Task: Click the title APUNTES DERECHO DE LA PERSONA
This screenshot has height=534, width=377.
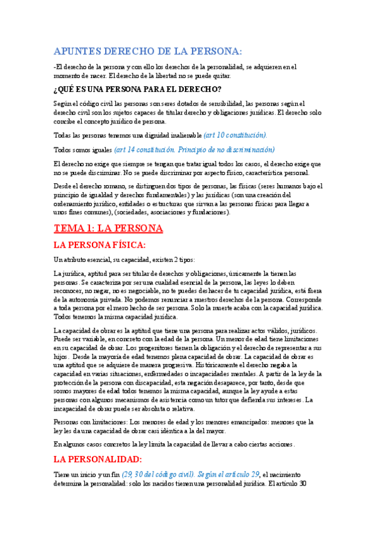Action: [149, 51]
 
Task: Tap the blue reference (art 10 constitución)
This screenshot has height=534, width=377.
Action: [235, 135]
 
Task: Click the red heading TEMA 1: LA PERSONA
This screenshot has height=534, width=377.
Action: [109, 228]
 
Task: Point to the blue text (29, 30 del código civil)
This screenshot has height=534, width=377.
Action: [159, 474]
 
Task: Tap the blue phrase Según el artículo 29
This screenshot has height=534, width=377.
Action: [227, 474]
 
